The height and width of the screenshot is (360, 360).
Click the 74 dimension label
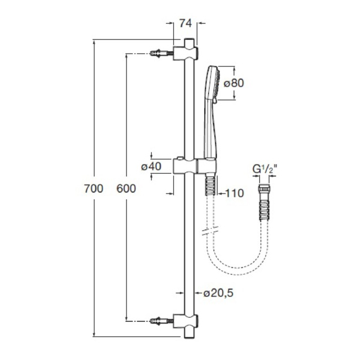pos(185,23)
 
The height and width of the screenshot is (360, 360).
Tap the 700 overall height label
pos(94,189)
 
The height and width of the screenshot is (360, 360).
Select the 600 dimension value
pos(126,189)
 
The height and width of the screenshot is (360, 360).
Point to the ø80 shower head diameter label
pos(234,83)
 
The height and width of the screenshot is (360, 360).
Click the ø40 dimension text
pos(151,166)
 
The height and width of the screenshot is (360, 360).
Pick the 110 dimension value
pos(235,193)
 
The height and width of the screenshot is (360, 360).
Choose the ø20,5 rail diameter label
pos(219,293)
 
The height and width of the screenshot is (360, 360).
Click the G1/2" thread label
pos(264,169)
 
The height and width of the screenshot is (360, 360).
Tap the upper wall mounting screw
pos(161,54)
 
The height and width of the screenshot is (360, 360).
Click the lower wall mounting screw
pos(161,321)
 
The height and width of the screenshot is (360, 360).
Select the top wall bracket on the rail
pos(186,53)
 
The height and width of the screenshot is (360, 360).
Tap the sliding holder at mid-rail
pos(195,166)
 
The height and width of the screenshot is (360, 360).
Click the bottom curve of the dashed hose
pos(236,271)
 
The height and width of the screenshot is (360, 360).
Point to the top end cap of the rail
pos(190,43)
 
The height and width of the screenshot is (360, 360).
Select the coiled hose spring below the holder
pos(210,186)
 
